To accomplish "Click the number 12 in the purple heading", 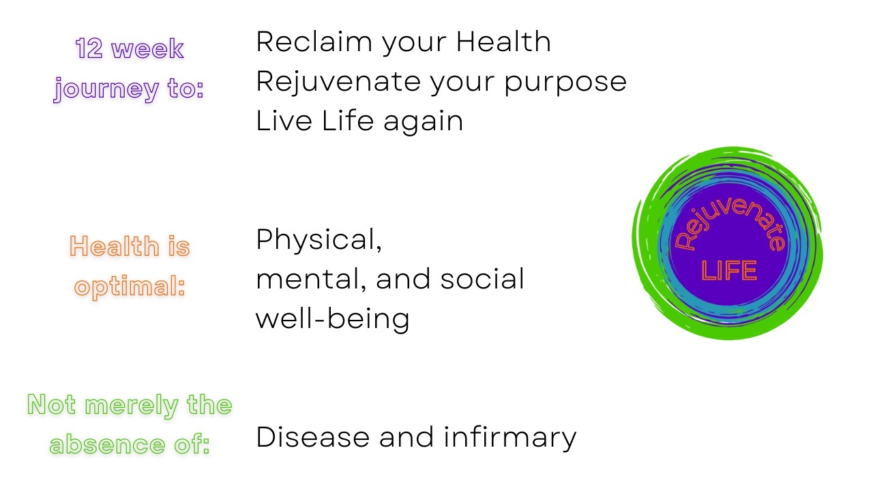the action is click(89, 48).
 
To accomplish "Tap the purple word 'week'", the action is click(148, 48).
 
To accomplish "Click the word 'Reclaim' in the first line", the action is click(314, 42).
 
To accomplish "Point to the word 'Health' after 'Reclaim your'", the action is click(503, 42).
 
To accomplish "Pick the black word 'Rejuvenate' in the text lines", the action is click(338, 82).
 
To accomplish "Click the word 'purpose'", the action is click(565, 83).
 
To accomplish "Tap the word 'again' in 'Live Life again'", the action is click(424, 122).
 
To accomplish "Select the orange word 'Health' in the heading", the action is click(115, 246).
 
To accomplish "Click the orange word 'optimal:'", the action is click(130, 288).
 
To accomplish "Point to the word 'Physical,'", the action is click(319, 241).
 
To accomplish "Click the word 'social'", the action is click(482, 279).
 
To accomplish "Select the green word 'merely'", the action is click(132, 406).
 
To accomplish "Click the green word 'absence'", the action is click(107, 444).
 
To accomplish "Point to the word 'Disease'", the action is click(313, 437).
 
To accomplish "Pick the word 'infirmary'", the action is click(510, 438).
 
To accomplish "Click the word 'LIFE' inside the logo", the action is click(729, 271).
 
